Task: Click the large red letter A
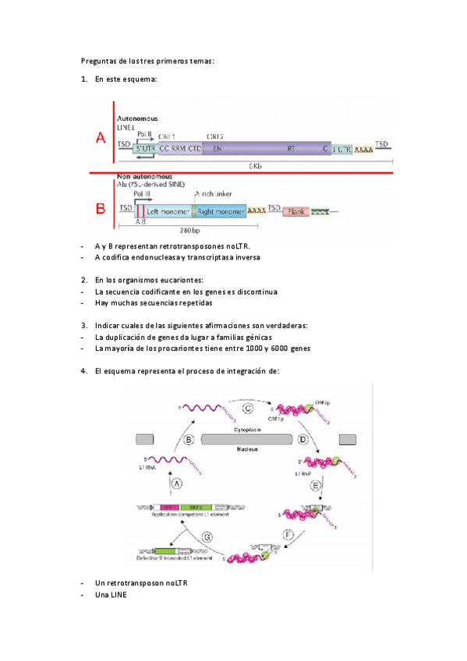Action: (100, 139)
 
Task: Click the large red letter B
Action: (100, 209)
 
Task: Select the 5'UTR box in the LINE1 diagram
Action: (145, 148)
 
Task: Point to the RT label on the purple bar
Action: (290, 148)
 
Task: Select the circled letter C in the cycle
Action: (248, 408)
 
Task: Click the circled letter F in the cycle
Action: (289, 536)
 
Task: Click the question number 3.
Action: (84, 325)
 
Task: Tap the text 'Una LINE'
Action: (110, 596)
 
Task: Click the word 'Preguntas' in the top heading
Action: (98, 61)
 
